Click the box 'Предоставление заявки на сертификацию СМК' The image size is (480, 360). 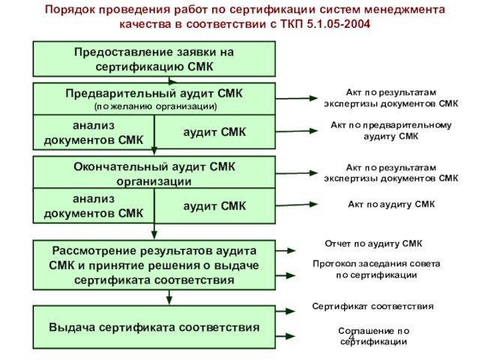tap(154, 59)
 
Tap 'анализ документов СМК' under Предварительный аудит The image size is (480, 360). tap(94, 132)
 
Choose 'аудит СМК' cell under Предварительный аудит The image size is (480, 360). tap(214, 132)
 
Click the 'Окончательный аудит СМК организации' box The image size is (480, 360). tap(154, 173)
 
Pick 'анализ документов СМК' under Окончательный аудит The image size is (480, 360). tap(94, 205)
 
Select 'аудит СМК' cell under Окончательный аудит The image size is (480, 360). tap(214, 205)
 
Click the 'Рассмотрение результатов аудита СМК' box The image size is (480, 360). tap(154, 265)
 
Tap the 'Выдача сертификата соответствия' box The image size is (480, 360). tap(154, 327)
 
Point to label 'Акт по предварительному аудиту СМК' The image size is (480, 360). tap(391, 130)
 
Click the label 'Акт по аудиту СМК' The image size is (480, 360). tap(391, 204)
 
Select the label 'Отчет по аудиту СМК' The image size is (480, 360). tap(373, 244)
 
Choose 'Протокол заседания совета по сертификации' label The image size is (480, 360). tap(376, 269)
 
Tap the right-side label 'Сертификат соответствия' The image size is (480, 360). tap(373, 307)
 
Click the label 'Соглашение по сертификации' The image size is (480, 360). tap(373, 335)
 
